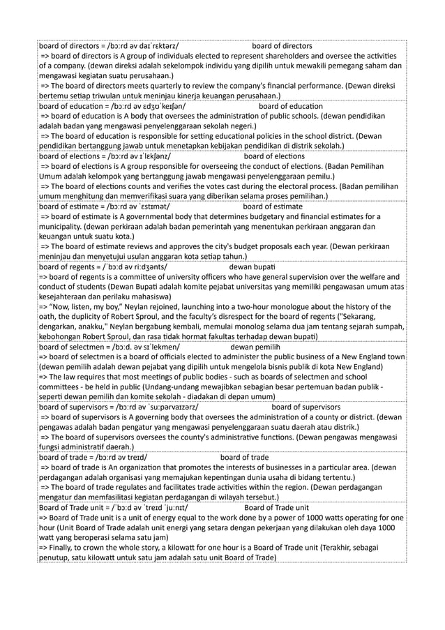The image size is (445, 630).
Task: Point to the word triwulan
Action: pos(90,96)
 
